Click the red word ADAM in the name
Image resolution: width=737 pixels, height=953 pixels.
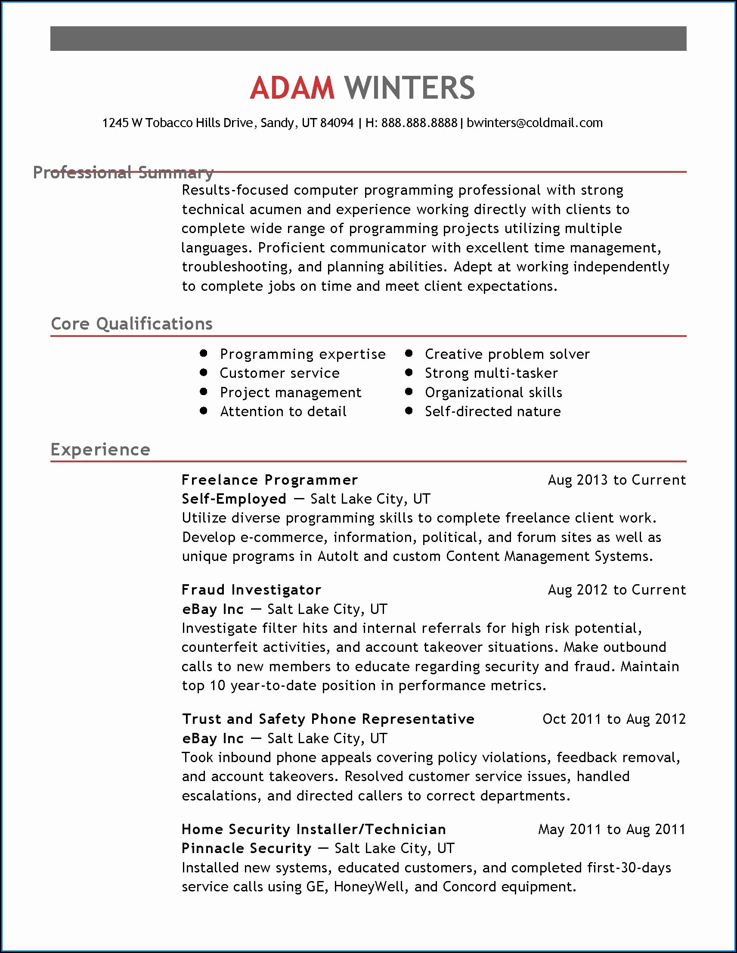tap(292, 88)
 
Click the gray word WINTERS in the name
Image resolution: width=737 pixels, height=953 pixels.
tap(409, 88)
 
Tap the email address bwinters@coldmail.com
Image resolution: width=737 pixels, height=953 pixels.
tap(535, 123)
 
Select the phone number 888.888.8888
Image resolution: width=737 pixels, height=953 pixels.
tap(419, 123)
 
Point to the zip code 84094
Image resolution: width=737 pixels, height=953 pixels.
tap(337, 123)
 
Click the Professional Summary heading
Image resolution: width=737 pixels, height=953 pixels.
tap(123, 172)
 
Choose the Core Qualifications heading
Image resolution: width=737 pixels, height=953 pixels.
tap(131, 324)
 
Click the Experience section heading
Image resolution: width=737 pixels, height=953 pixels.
tap(100, 449)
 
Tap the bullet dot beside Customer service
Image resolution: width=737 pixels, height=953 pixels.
tap(203, 372)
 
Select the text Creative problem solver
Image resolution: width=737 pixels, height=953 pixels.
tap(507, 354)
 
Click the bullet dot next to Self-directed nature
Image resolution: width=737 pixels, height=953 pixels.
tap(409, 411)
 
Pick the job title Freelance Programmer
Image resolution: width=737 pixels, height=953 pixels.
tap(269, 480)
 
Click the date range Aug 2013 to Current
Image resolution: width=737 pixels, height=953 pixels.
tap(616, 480)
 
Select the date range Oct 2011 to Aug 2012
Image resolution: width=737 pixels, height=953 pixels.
tap(614, 719)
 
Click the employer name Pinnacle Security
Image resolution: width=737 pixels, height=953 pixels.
tap(246, 848)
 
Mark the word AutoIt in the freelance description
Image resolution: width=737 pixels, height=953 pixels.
tap(338, 556)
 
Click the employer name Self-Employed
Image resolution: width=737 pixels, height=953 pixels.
tap(234, 499)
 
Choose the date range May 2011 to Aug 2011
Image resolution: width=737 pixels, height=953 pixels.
tap(612, 829)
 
